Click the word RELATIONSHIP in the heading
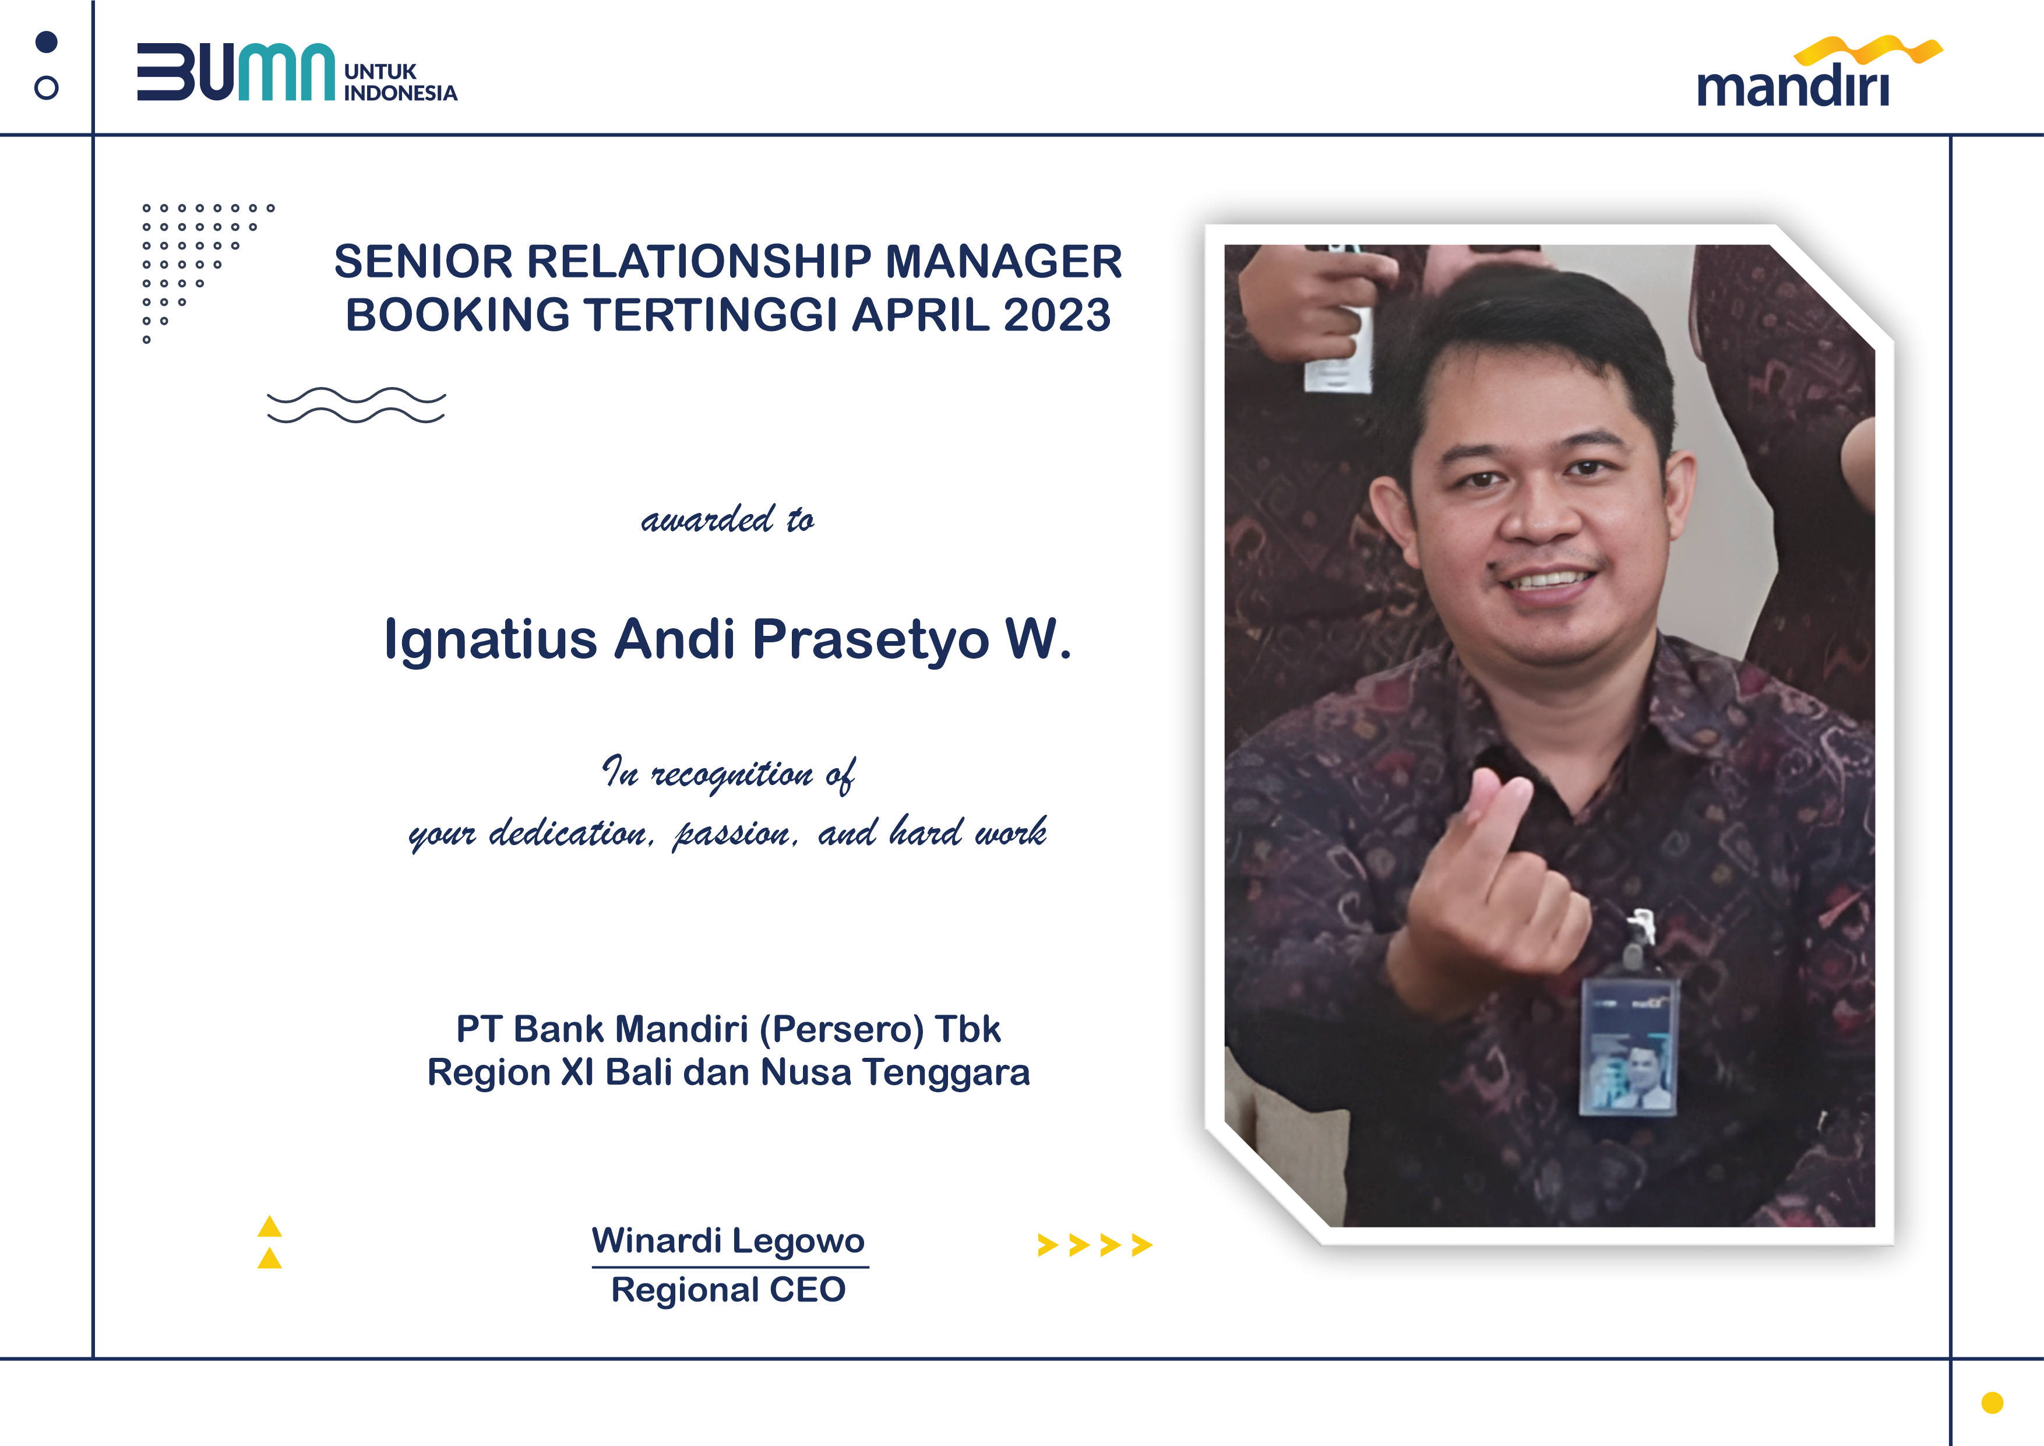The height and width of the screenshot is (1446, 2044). (x=700, y=262)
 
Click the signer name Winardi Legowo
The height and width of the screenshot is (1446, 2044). (x=728, y=1240)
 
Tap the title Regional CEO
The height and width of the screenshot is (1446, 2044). (x=728, y=1289)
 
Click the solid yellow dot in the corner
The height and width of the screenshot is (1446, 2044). (x=1992, y=1402)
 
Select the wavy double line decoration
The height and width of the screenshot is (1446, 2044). (x=356, y=405)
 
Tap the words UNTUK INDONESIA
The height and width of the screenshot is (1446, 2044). (x=401, y=82)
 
